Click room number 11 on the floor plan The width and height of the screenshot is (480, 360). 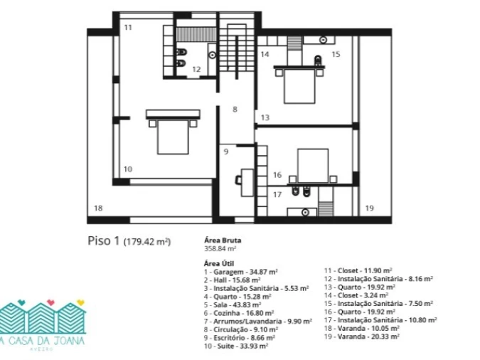point(128,28)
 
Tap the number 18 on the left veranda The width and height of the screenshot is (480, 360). point(98,208)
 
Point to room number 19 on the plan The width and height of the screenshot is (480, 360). point(370,208)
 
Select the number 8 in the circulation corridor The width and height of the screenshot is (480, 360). point(235,110)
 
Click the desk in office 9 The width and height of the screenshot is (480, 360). point(247,182)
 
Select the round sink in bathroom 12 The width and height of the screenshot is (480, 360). point(212,55)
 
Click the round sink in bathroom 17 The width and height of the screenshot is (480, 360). point(305,212)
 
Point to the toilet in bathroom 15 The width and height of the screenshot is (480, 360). point(318,60)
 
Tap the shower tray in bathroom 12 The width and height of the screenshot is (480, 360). point(196,35)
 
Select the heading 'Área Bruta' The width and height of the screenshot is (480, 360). point(223,240)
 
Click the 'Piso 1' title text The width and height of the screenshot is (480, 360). point(104,240)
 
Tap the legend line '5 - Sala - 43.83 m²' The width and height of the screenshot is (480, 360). point(233,305)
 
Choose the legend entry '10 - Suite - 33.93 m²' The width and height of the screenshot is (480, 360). point(236,346)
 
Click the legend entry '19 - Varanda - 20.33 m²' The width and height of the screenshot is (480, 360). point(362,337)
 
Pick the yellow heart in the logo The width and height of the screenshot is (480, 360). point(80,302)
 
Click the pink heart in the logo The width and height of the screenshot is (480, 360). point(50,302)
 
